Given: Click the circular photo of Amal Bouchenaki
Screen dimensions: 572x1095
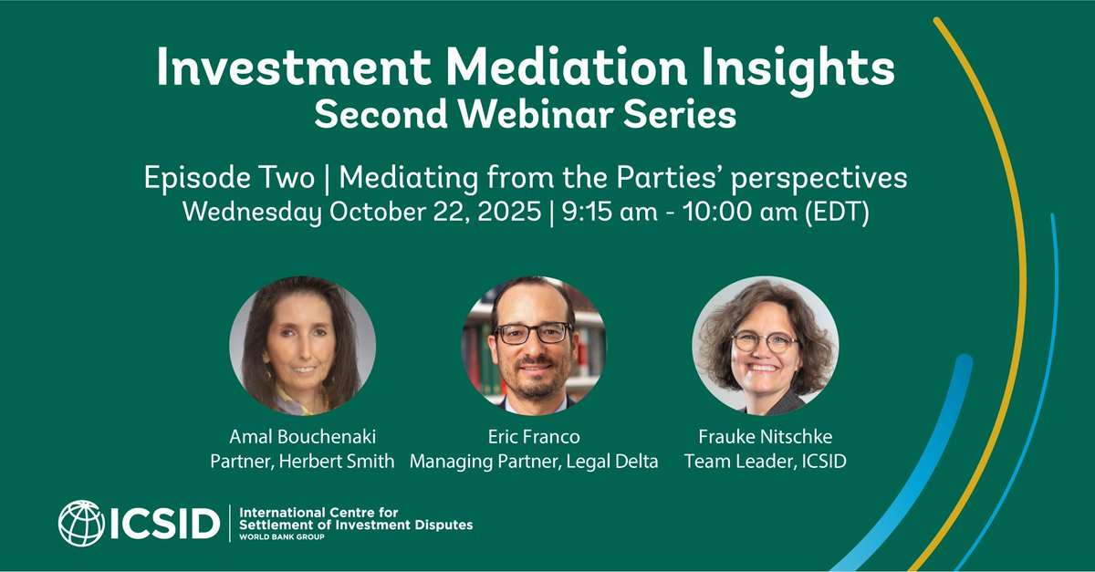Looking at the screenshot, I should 302,348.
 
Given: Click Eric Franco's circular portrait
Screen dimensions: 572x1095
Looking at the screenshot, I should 534,348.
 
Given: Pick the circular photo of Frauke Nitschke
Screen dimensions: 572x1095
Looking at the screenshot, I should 765,348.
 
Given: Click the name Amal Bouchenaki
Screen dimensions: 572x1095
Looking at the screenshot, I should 302,438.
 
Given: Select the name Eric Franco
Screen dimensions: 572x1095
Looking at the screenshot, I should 534,438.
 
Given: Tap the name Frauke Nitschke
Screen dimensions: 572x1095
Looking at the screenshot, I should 765,438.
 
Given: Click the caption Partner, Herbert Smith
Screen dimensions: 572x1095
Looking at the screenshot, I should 302,462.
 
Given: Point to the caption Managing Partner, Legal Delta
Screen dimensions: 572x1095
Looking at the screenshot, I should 534,462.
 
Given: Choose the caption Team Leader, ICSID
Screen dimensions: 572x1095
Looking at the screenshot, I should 765,462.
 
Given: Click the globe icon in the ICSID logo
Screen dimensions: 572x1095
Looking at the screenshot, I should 81,524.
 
